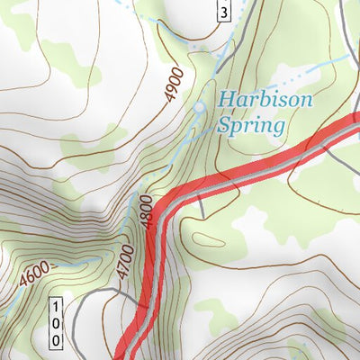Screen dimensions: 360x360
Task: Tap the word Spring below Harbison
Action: [x=249, y=124]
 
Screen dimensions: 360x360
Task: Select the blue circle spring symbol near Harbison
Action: [x=200, y=107]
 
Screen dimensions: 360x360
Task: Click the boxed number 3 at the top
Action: [x=224, y=10]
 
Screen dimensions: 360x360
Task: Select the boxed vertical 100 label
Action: [x=56, y=322]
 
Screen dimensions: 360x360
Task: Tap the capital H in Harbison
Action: [x=225, y=99]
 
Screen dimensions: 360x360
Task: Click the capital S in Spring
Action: [x=221, y=124]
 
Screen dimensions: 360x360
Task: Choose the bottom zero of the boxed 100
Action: [x=56, y=340]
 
